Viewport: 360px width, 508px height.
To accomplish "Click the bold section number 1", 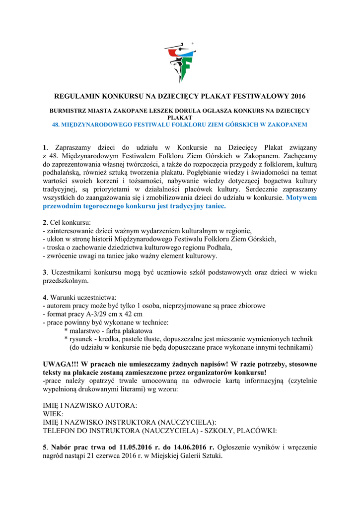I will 45,147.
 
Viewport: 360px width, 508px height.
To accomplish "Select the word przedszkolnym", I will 66,281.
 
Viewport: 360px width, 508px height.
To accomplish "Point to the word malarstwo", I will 87,331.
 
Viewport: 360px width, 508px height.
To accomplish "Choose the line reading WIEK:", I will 53,413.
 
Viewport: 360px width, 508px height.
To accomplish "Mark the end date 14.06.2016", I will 186,447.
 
